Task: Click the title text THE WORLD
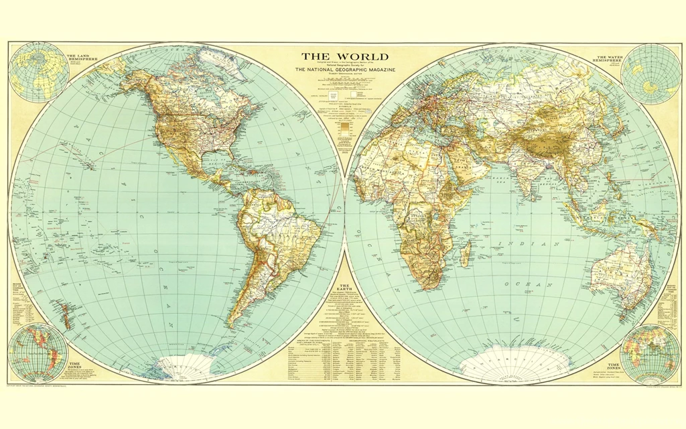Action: (344, 57)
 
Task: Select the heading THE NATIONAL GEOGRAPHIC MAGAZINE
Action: (344, 70)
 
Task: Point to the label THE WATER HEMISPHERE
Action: (608, 58)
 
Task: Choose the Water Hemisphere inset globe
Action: (650, 73)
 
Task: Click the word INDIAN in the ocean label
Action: (520, 243)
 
